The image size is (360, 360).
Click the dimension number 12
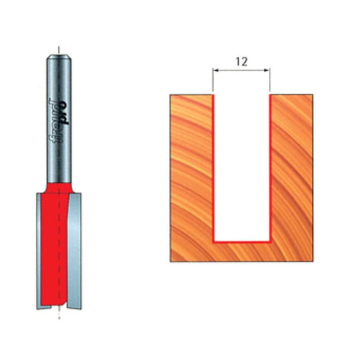pos(242,62)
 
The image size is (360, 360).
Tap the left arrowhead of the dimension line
pos(216,70)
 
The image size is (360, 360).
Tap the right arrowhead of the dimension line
pos(267,70)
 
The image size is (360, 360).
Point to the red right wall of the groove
pos(270,168)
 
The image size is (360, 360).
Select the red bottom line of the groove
pos(242,242)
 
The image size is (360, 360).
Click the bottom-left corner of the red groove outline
pos(213,242)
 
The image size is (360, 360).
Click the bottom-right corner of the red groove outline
pos(270,242)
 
